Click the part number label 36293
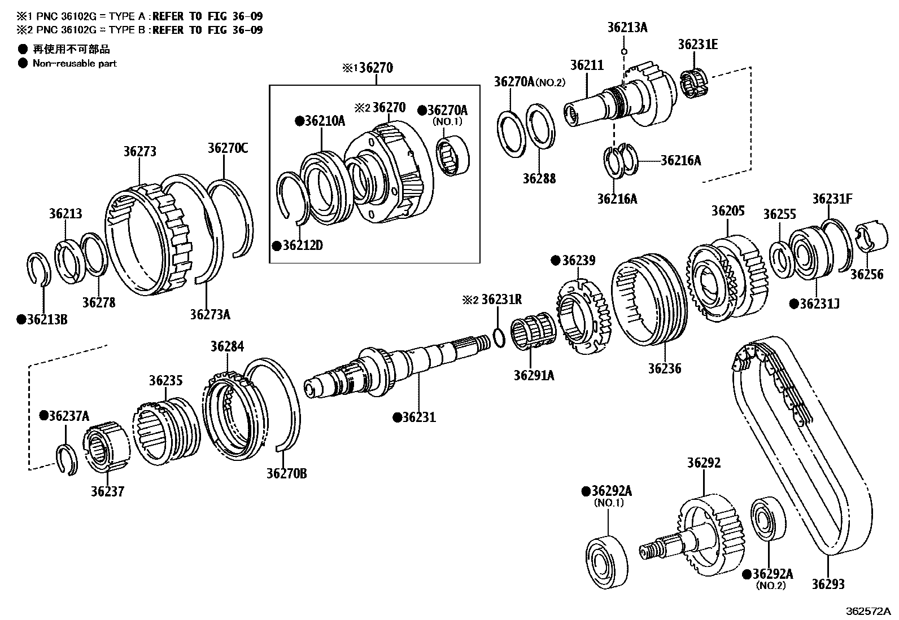pyautogui.click(x=828, y=584)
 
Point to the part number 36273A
pyautogui.click(x=210, y=314)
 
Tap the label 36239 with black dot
pyautogui.click(x=578, y=261)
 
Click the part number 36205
pyautogui.click(x=727, y=211)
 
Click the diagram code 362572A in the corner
pyautogui.click(x=867, y=612)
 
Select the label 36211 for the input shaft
pyautogui.click(x=586, y=65)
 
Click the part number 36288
pyautogui.click(x=539, y=179)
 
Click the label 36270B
pyautogui.click(x=286, y=473)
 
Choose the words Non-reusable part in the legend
pyautogui.click(x=74, y=63)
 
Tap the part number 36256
pyautogui.click(x=866, y=275)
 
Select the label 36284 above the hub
pyautogui.click(x=227, y=346)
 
